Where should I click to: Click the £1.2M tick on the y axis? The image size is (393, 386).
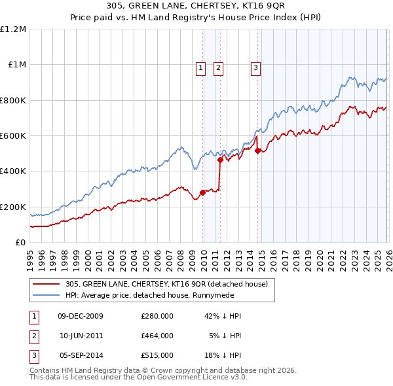(x=14, y=29)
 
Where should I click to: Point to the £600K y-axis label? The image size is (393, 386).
(x=13, y=136)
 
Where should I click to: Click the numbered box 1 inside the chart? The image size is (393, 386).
(x=200, y=66)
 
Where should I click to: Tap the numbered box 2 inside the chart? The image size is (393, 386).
(x=217, y=66)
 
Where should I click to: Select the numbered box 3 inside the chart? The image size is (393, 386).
(x=255, y=66)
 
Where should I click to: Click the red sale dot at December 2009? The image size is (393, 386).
(x=202, y=192)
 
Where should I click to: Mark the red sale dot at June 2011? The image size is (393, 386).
(x=220, y=160)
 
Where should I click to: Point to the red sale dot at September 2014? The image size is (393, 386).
(x=257, y=150)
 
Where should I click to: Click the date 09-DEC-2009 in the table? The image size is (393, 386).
(x=81, y=316)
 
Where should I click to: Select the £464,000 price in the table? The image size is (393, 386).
(x=157, y=336)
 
